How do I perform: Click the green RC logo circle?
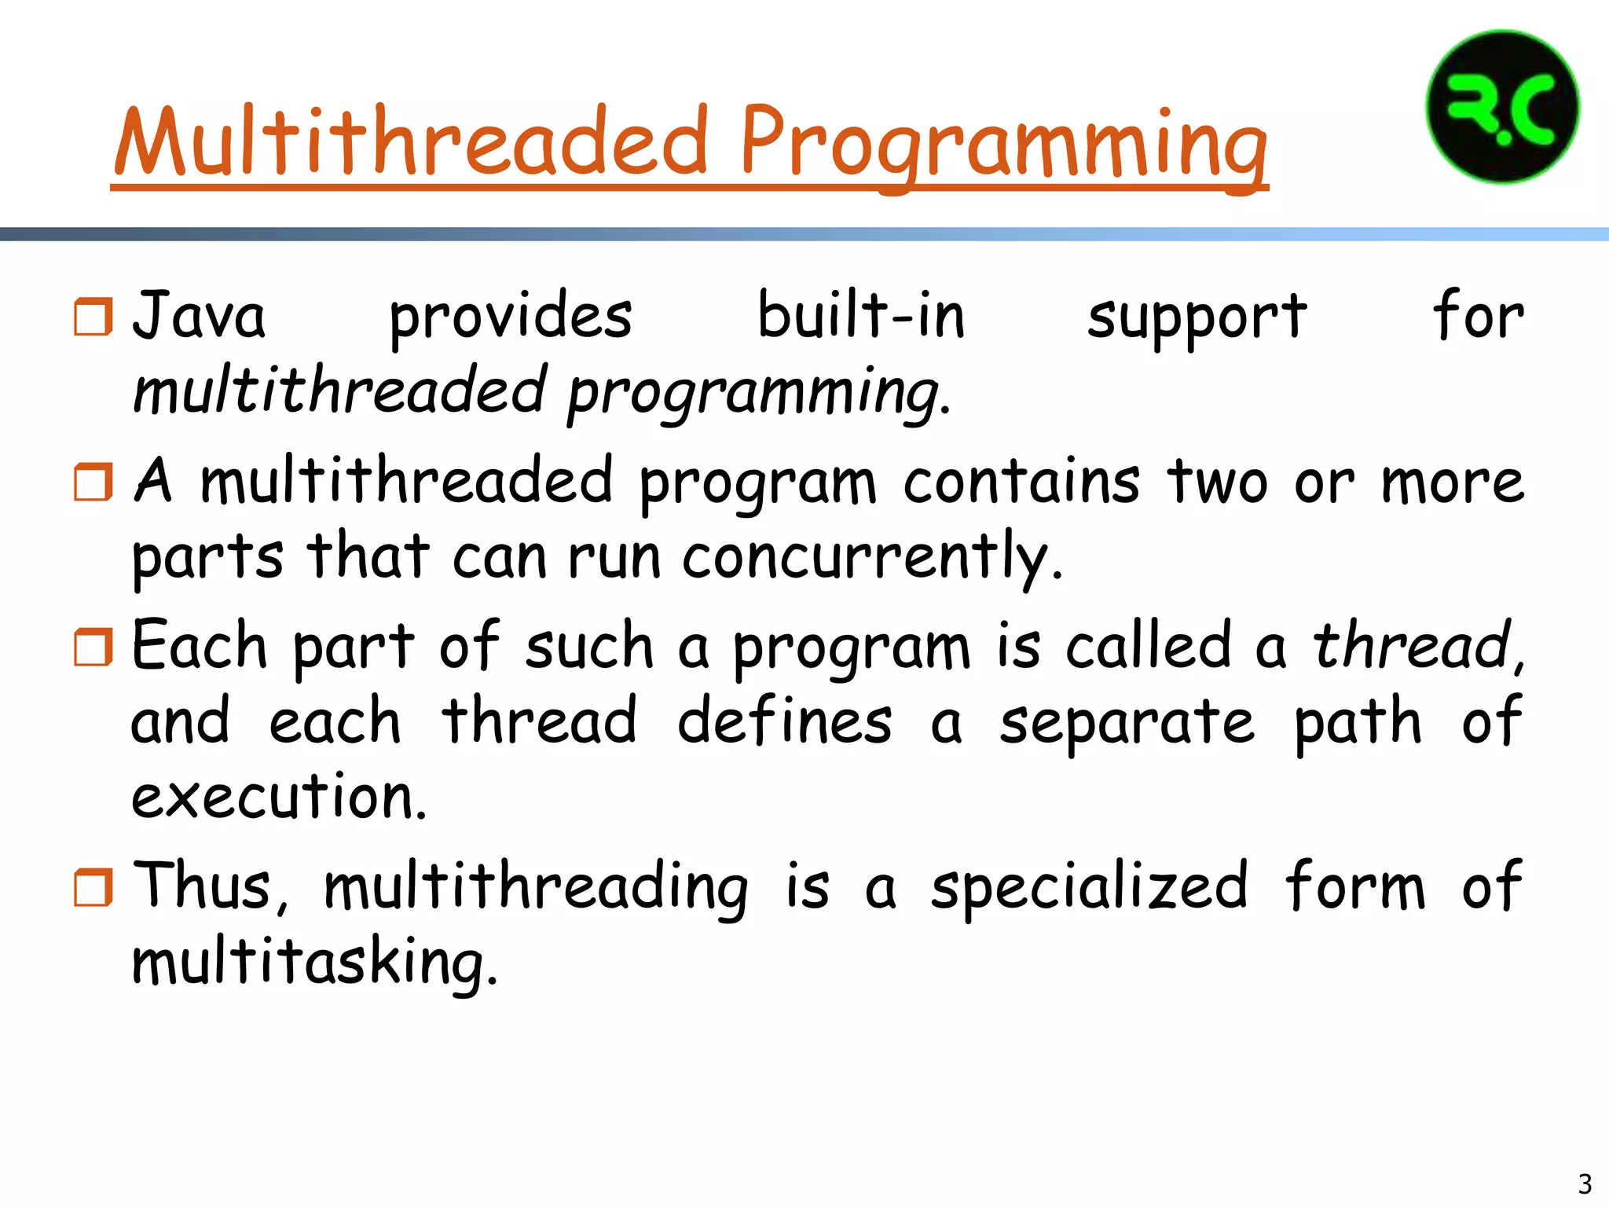tap(1501, 107)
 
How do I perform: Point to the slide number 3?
tap(1585, 1183)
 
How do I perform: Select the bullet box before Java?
tap(93, 317)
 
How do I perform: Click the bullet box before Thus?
tap(93, 887)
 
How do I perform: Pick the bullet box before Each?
tap(93, 647)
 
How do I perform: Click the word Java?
tap(199, 316)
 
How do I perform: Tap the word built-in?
tap(860, 316)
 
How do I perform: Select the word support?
tap(1197, 318)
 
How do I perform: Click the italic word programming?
tap(758, 393)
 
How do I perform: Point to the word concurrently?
tap(872, 558)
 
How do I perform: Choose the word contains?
tap(1021, 481)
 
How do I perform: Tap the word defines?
tap(784, 721)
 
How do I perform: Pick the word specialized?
tap(1089, 888)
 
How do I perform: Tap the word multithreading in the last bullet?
tap(536, 888)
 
